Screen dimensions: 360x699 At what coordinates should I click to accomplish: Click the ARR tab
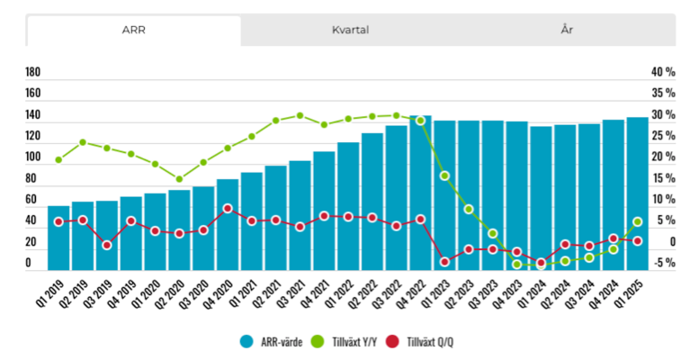point(133,30)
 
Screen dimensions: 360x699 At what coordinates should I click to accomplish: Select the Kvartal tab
point(350,30)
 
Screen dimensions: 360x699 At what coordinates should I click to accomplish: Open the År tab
point(567,30)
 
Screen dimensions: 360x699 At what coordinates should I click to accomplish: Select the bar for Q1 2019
point(58,238)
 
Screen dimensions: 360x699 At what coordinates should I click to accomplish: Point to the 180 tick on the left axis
point(33,72)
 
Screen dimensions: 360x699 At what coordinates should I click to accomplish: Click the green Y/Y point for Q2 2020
point(179,179)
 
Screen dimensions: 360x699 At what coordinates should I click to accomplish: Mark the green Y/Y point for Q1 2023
point(444,175)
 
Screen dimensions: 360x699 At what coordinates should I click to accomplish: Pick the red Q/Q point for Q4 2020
point(228,209)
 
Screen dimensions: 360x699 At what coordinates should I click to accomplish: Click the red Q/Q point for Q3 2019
point(107,245)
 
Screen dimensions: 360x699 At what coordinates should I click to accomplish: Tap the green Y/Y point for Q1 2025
point(637,221)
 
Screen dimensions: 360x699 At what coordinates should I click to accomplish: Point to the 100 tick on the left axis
point(33,157)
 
